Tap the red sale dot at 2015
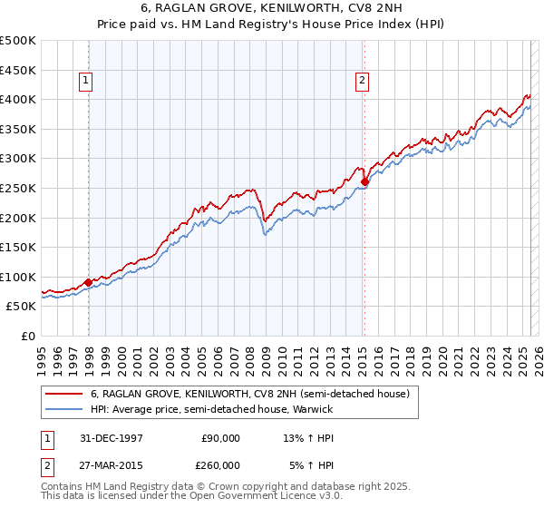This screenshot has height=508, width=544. [x=364, y=181]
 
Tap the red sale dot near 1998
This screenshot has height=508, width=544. [x=89, y=282]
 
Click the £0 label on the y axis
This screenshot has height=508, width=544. [x=27, y=336]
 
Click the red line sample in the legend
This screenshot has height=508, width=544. [x=64, y=395]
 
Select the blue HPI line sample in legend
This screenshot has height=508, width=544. [x=64, y=410]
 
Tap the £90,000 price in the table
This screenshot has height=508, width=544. [x=220, y=438]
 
